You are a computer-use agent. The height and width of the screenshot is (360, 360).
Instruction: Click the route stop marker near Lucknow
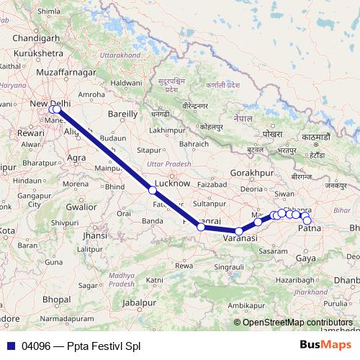153,190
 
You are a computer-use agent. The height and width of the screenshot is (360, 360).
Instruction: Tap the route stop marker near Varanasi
239,231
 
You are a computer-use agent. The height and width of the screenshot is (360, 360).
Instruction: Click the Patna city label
309,228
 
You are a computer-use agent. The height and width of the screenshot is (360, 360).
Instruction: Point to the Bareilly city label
122,114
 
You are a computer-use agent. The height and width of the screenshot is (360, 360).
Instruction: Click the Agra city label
76,156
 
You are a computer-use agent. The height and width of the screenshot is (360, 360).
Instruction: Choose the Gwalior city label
81,206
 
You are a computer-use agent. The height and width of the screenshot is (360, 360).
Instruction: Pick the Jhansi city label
95,235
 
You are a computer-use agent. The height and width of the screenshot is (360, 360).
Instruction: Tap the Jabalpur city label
140,303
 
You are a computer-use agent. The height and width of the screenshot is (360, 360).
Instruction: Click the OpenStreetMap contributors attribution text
297,323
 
